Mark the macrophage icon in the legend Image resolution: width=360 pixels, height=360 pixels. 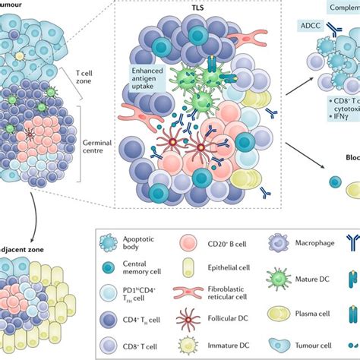pos(275,244)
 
